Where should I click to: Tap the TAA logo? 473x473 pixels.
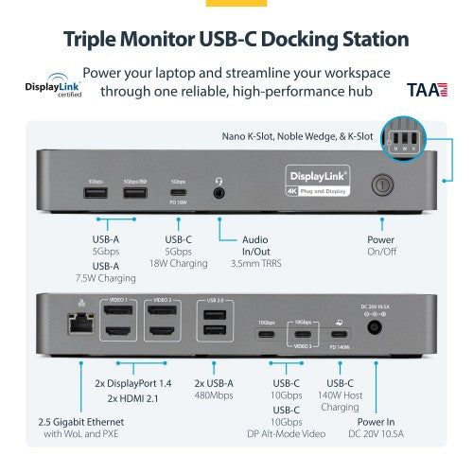[422, 91]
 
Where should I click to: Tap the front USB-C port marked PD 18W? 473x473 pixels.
[178, 194]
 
